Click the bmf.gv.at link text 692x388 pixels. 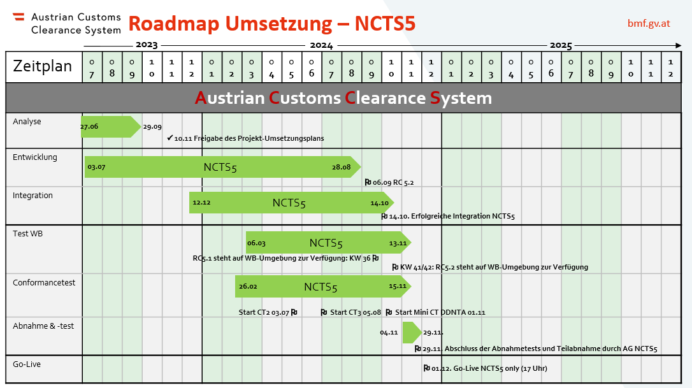648,24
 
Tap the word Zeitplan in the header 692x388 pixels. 43,66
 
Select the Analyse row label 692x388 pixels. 27,121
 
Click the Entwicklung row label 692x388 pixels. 35,157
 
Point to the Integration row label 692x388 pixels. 32,195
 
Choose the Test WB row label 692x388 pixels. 28,233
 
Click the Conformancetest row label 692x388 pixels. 44,282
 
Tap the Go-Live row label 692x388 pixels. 28,364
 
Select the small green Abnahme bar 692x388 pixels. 411,332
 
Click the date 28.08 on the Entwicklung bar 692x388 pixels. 341,167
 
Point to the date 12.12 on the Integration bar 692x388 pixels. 201,203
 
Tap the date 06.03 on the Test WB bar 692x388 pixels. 256,243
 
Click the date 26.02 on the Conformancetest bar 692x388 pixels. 248,287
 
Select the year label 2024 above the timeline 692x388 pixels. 321,45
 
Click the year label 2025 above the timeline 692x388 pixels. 561,45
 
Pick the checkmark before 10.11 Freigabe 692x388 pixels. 169,138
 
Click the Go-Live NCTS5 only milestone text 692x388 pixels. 489,368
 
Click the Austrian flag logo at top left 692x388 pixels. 19,17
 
